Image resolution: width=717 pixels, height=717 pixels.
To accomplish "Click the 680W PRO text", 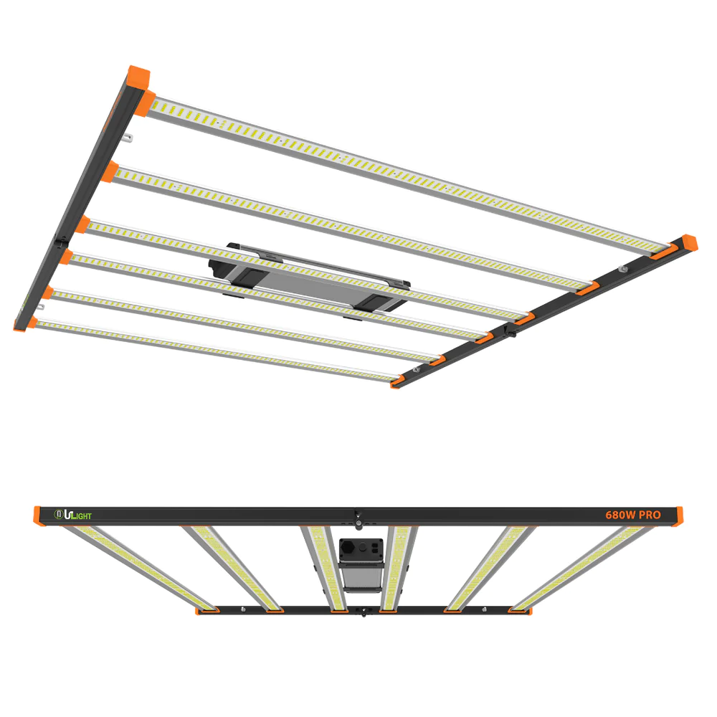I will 631,515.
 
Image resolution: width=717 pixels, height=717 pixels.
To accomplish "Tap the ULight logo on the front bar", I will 74,514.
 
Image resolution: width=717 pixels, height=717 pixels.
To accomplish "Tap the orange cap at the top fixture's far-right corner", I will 688,242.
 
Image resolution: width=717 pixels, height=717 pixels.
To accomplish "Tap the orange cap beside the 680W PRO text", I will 678,514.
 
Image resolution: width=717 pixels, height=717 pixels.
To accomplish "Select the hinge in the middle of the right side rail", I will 511,329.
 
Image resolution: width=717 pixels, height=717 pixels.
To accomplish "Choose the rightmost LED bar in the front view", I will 581,566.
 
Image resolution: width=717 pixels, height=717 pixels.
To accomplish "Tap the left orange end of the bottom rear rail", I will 206,610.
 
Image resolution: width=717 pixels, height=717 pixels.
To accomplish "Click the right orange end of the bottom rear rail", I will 522,610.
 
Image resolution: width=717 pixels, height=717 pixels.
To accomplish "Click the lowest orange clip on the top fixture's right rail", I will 399,383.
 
